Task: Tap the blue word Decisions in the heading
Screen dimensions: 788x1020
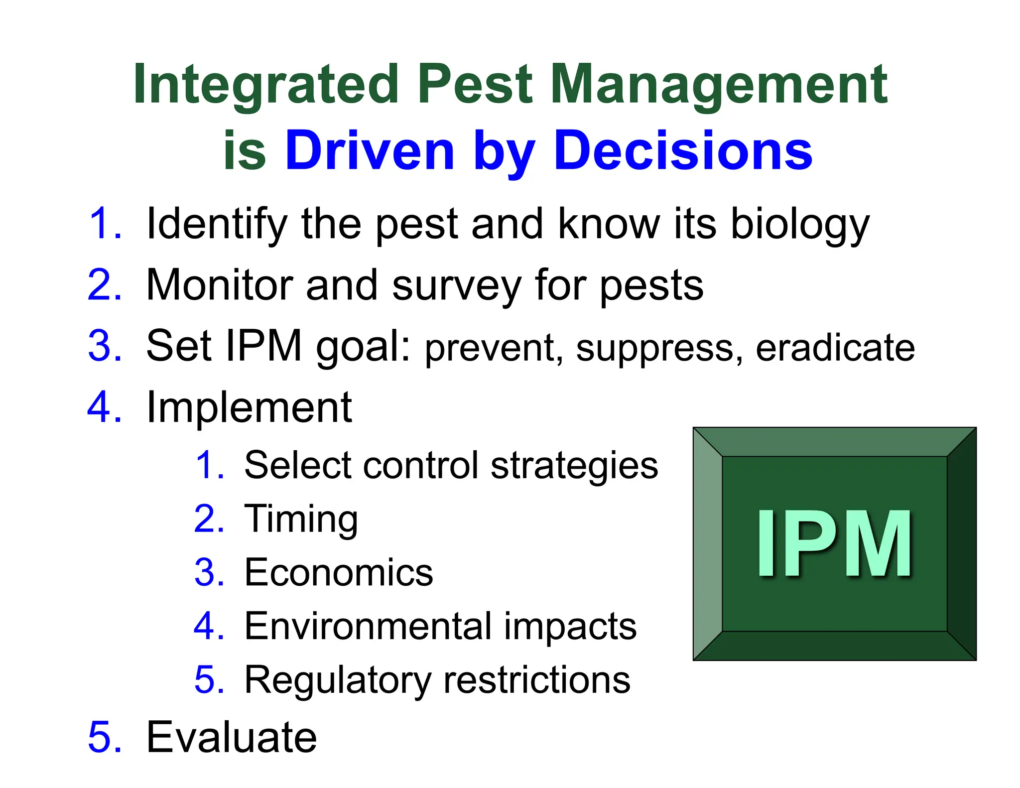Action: pos(683,150)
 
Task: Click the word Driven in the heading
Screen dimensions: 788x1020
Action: pos(369,150)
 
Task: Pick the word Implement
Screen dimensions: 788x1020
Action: pos(249,408)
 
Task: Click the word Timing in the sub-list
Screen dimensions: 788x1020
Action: pos(301,520)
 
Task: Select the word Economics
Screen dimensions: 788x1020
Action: pos(339,573)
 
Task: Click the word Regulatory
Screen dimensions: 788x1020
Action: pos(337,681)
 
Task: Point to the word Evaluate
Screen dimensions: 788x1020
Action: pos(231,737)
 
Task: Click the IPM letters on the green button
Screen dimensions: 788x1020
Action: pos(834,544)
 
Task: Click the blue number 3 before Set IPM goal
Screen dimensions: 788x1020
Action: pos(105,346)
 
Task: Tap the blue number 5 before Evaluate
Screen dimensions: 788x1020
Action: pos(105,737)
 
